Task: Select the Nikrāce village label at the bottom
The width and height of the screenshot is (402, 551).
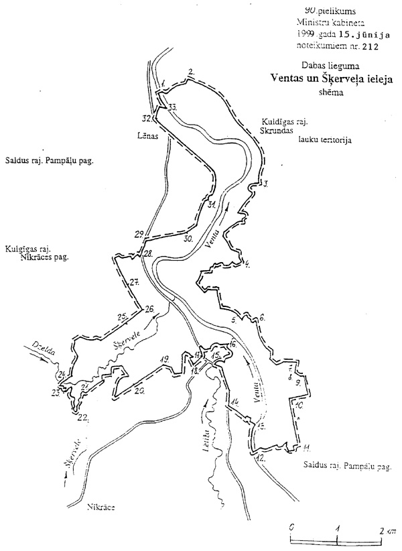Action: [101, 507]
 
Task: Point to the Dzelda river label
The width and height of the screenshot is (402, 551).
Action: [37, 349]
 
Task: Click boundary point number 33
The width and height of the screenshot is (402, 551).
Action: [173, 107]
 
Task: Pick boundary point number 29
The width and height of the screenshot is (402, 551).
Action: [139, 234]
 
